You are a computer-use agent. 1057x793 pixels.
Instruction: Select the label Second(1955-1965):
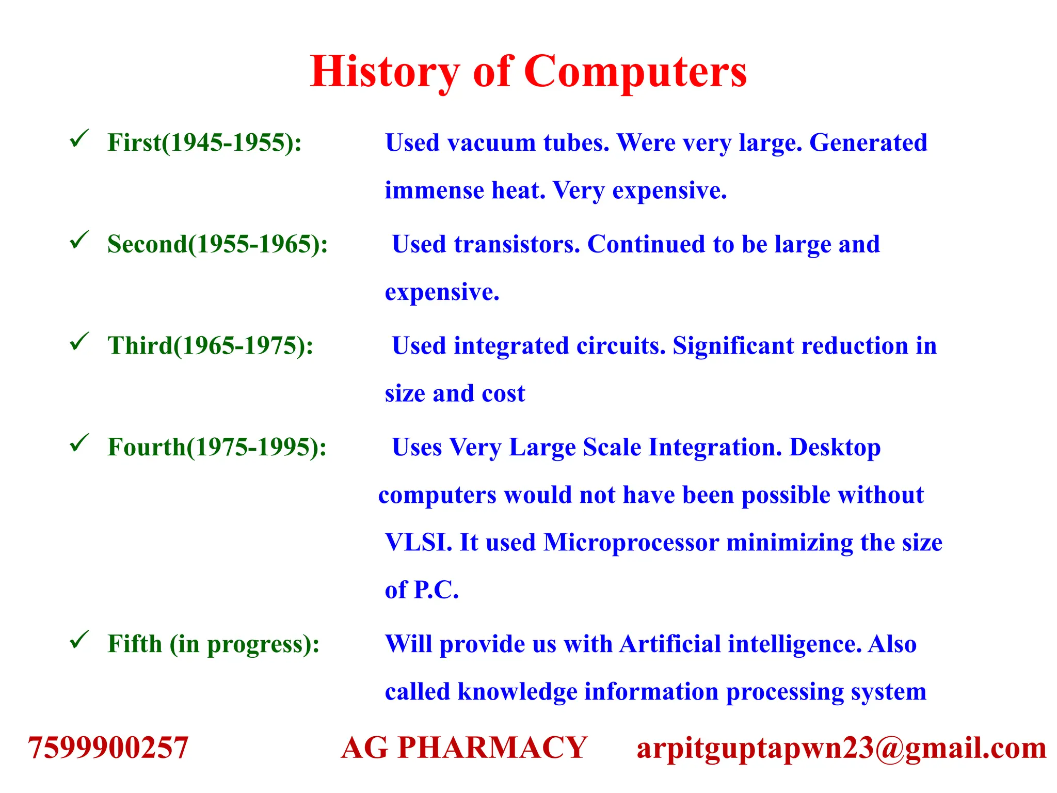[x=217, y=244]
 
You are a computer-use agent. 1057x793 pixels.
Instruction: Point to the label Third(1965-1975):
[x=210, y=345]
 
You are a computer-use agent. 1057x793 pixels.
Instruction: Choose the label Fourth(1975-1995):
[x=217, y=447]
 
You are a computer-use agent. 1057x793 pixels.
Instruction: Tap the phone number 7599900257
[x=108, y=747]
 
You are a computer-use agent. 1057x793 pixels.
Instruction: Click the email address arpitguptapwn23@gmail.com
[x=841, y=747]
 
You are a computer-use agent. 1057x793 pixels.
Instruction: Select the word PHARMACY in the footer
[x=492, y=747]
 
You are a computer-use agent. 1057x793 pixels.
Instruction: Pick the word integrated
[x=511, y=345]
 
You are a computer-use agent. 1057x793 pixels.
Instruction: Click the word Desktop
[x=835, y=447]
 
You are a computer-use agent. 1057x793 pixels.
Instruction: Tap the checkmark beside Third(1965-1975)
[x=79, y=341]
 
